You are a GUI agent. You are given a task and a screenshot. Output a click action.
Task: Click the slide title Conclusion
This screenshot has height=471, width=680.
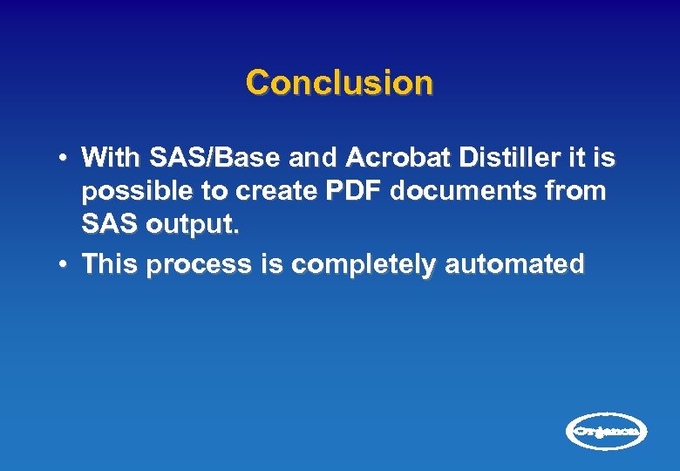pos(339,83)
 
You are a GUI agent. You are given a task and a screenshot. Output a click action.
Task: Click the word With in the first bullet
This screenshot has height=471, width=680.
pos(112,158)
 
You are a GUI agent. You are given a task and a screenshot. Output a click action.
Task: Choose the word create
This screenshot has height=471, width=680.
pos(273,192)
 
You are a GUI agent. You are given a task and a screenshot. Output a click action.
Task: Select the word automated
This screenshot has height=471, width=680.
pos(514,264)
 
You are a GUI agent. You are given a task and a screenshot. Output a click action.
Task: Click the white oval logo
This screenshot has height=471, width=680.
pos(607,431)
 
